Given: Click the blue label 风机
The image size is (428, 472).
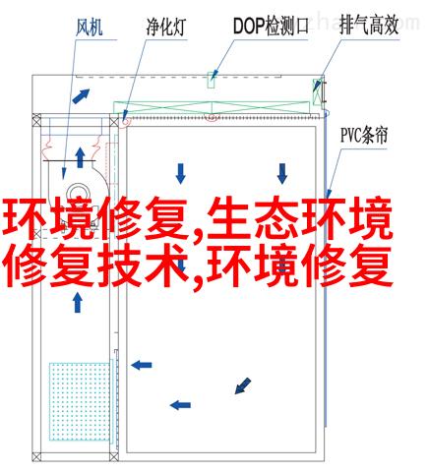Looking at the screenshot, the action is pos(90,28).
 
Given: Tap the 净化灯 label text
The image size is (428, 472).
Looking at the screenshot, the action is pos(166,27).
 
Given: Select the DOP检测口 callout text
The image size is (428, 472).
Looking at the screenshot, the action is pos(271,26).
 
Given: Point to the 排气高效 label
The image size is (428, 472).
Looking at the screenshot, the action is pos(369,26).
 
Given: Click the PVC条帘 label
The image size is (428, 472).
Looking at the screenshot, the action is pos(364,135).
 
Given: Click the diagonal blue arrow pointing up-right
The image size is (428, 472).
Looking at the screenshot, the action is pos(81,96).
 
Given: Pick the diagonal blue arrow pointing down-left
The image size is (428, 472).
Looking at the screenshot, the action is pos(243,385).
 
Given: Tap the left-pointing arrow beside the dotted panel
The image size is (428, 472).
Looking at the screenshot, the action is pos(142,365).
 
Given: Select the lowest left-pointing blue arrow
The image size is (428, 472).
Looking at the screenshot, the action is pos(180,405).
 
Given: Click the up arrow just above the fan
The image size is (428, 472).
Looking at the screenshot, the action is pos(80,157).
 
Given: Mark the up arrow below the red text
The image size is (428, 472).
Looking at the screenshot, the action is pos(78,303).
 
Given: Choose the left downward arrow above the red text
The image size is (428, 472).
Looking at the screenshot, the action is pos(180,173).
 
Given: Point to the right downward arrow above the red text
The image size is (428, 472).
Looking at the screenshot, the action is pos(282,173).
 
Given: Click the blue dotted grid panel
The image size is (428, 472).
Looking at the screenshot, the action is pos(80,401).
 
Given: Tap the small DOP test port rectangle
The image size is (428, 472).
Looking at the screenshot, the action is pos(211,80).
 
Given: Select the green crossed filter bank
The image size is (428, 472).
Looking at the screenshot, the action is pos(212,107).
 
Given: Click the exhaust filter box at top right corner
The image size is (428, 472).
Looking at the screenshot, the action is pos(317,91).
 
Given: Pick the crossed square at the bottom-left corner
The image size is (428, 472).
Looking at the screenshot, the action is pos(36,456).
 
